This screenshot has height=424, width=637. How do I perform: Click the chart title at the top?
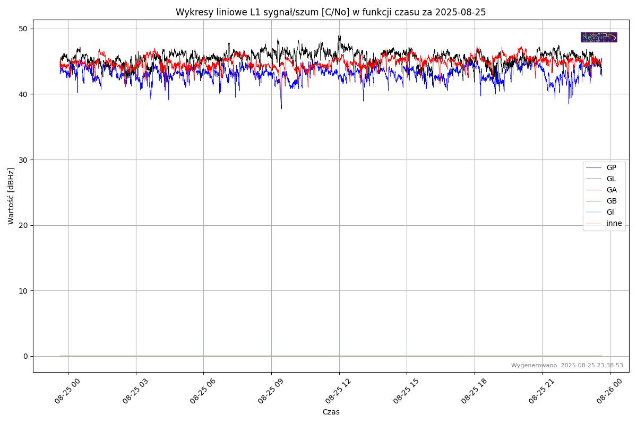tap(331, 12)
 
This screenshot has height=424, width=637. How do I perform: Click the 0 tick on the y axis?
tap(25, 356)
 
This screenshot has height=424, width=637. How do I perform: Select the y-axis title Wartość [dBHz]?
tap(11, 196)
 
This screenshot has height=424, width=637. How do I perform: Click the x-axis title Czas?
tap(331, 412)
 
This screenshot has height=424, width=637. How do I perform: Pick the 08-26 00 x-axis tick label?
tap(603, 391)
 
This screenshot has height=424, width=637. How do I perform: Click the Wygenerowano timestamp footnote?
tap(567, 365)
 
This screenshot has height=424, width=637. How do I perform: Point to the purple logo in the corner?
tap(599, 37)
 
